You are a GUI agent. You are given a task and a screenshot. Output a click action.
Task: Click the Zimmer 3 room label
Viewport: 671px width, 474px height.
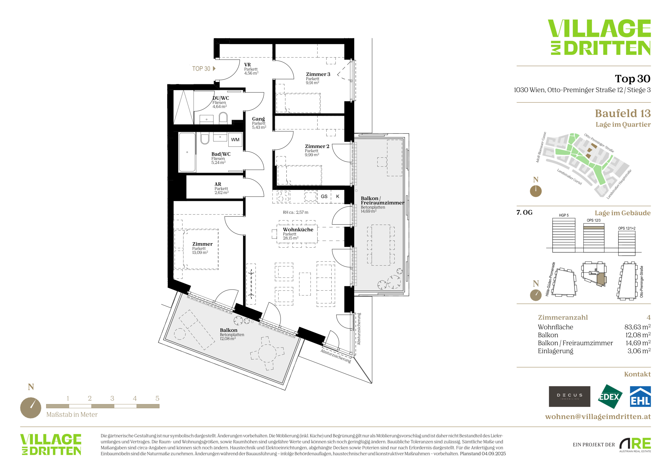318,74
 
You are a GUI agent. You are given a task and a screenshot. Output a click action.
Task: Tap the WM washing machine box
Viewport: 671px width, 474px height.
235,139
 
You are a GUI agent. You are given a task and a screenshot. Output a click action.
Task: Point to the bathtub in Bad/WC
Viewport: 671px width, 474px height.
187,152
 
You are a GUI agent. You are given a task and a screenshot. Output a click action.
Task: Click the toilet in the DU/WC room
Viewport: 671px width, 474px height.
223,118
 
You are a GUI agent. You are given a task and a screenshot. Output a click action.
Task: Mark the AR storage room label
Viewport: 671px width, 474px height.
218,184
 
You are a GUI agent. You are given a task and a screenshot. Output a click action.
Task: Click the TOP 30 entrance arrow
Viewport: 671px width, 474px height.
214,69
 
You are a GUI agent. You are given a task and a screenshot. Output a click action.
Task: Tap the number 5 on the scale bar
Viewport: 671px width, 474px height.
157,398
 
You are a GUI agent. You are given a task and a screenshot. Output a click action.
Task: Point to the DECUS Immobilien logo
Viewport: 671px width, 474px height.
569,396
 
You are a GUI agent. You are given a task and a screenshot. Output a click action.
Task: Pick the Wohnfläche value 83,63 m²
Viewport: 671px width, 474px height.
637,327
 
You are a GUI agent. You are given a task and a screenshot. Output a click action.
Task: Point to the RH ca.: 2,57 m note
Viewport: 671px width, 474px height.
295,212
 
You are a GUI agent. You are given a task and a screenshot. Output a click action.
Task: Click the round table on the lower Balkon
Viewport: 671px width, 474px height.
267,353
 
